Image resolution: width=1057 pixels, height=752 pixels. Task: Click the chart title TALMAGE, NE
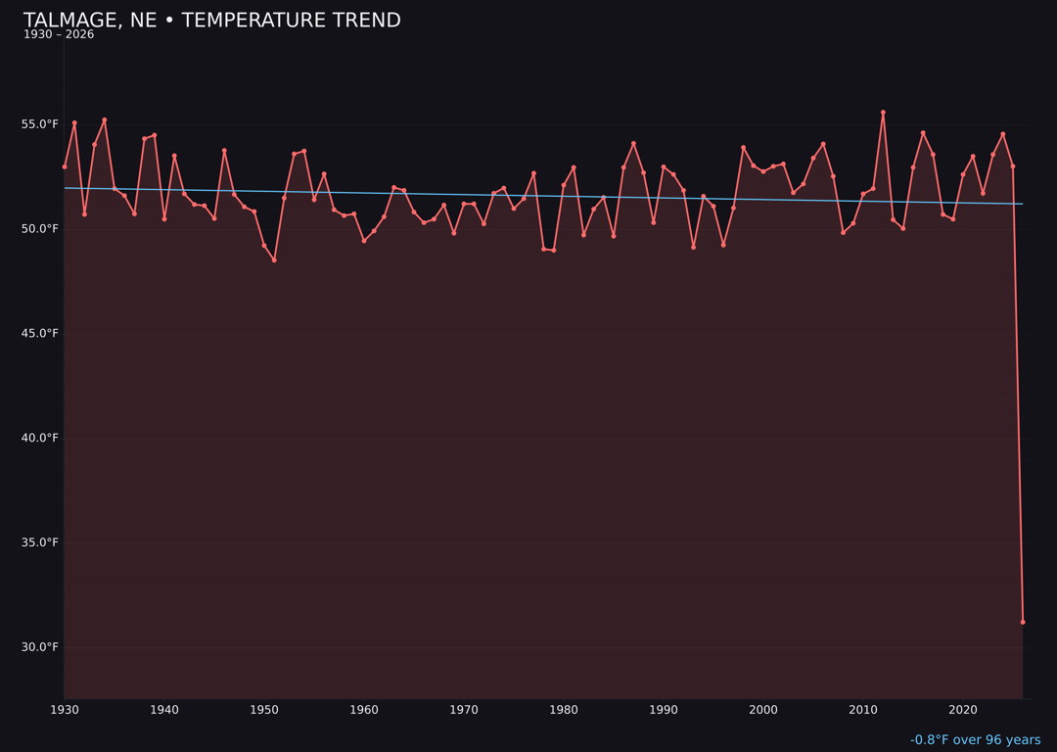[x=211, y=21]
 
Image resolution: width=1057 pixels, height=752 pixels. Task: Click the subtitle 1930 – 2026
[x=59, y=35]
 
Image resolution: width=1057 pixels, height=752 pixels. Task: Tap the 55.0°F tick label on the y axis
[x=40, y=124]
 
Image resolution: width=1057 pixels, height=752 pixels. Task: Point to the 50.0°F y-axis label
[x=40, y=229]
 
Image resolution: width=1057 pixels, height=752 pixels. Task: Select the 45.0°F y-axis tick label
[x=40, y=334]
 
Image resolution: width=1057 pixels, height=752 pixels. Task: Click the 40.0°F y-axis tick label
[x=40, y=438]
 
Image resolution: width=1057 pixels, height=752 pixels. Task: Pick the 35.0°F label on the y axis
[x=40, y=542]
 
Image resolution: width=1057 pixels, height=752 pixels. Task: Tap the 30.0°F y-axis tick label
[x=40, y=647]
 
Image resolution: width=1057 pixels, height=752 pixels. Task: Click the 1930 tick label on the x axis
[x=65, y=710]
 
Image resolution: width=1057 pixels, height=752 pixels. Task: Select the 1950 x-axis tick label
[x=264, y=710]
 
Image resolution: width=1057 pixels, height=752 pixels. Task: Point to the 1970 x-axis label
[x=464, y=710]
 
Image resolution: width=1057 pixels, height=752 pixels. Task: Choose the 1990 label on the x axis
[x=664, y=710]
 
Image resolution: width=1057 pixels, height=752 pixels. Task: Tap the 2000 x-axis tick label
[x=763, y=710]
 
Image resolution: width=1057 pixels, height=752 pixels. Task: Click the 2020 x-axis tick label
[x=963, y=710]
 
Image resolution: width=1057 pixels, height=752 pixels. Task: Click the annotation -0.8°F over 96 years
[x=975, y=740]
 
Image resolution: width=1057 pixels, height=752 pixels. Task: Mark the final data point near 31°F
[x=1023, y=622]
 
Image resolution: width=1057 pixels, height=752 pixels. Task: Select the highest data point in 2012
[x=883, y=113]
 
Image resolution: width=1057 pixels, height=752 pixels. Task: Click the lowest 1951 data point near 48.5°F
[x=274, y=259]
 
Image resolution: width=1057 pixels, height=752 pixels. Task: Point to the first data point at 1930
[x=65, y=166]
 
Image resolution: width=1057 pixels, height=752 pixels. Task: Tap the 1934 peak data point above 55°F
[x=105, y=120]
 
